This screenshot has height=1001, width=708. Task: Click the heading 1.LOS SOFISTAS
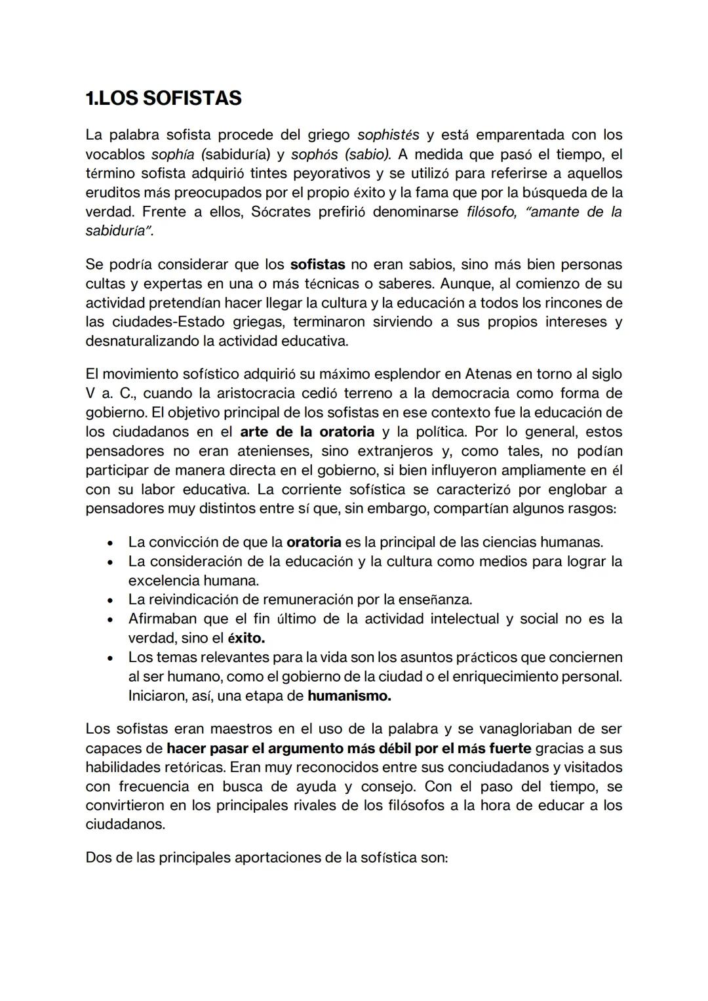point(163,98)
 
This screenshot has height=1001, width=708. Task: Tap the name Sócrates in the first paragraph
point(281,212)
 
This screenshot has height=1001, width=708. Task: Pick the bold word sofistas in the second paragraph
point(317,265)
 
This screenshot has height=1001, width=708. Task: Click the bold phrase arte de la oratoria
point(307,432)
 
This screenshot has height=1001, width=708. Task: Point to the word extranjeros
point(395,451)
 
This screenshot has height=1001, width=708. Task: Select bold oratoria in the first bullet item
point(314,542)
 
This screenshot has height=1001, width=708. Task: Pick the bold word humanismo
point(349,696)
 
